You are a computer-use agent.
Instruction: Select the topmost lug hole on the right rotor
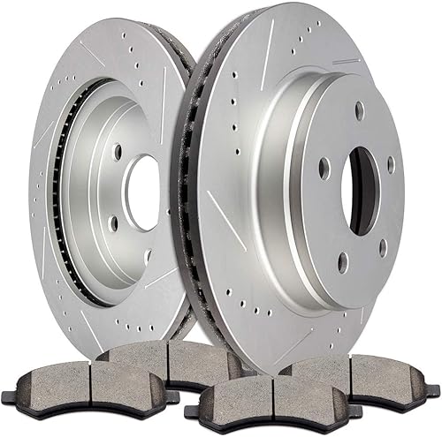(359, 111)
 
